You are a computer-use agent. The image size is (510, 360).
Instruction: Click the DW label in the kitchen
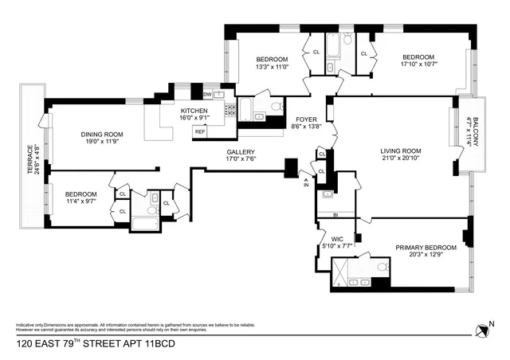pyautogui.click(x=195, y=94)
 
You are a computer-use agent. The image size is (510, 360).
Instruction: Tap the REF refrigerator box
pyautogui.click(x=199, y=131)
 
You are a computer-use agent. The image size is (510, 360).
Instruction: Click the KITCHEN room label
pyautogui.click(x=194, y=111)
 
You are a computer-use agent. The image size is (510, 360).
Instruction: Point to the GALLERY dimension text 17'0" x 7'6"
pyautogui.click(x=240, y=158)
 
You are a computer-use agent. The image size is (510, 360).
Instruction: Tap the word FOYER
pyautogui.click(x=306, y=119)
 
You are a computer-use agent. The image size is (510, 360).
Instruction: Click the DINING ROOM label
pyautogui.click(x=101, y=135)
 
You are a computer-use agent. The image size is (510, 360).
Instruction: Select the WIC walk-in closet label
pyautogui.click(x=336, y=238)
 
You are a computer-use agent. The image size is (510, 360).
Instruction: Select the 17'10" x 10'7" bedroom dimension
pyautogui.click(x=418, y=66)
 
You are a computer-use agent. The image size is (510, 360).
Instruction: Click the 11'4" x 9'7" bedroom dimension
pyautogui.click(x=80, y=202)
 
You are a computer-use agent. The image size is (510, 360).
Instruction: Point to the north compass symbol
pyautogui.click(x=481, y=329)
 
